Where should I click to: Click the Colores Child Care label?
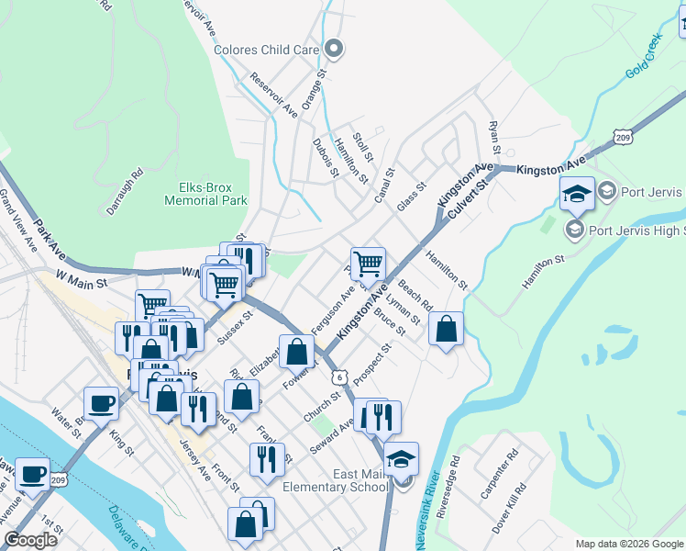click(267, 50)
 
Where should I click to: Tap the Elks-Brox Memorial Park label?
click(206, 193)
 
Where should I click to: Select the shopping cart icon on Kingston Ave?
click(368, 264)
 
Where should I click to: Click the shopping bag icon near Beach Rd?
click(445, 329)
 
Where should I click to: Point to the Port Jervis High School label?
click(636, 231)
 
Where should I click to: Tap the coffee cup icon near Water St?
click(101, 402)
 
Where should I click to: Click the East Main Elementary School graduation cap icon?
click(401, 459)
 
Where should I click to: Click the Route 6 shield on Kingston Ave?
click(340, 377)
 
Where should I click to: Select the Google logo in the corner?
click(30, 540)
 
